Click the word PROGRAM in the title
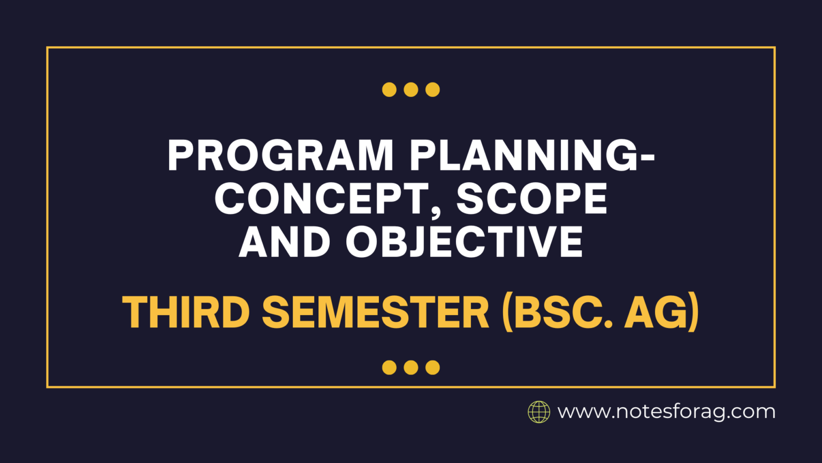click(x=280, y=155)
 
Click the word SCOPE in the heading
click(x=532, y=198)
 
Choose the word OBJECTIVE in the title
click(x=465, y=242)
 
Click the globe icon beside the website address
click(x=539, y=412)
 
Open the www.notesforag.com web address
click(x=666, y=412)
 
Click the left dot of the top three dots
click(x=389, y=89)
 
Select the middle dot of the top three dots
click(x=411, y=89)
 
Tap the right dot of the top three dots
click(x=432, y=89)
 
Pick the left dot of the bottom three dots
click(x=389, y=367)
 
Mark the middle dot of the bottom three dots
click(x=411, y=367)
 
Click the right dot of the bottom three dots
click(x=432, y=367)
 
